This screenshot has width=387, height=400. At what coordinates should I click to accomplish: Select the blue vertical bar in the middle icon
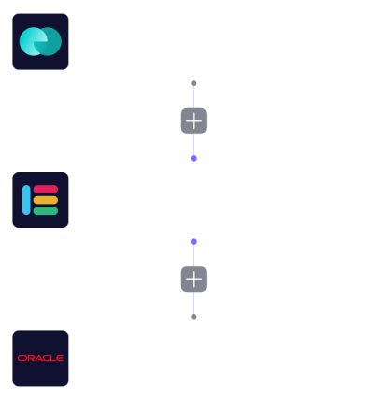(26, 200)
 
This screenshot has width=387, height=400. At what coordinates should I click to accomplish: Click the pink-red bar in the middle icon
(46, 189)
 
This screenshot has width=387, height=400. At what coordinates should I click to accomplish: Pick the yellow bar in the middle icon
(46, 200)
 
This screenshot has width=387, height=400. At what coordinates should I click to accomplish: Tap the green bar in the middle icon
(46, 211)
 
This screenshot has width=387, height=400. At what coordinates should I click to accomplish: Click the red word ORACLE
(40, 358)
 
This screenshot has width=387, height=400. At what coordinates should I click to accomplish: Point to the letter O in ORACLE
(21, 358)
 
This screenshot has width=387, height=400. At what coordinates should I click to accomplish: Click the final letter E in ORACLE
(60, 358)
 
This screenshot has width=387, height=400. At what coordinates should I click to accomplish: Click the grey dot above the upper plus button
(193, 83)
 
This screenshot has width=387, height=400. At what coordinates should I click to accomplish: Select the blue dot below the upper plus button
(193, 159)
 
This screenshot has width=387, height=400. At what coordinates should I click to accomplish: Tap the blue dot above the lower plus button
(193, 242)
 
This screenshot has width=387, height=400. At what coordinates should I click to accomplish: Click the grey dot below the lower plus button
(193, 317)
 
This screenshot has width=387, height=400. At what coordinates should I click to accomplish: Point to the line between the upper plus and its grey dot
(193, 97)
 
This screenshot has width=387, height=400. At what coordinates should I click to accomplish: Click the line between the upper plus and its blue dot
(193, 145)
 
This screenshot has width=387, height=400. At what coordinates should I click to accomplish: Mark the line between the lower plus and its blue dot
(193, 256)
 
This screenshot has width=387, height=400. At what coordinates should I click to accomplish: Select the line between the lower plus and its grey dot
(193, 303)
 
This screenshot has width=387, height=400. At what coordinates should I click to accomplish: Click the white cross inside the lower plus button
(193, 279)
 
